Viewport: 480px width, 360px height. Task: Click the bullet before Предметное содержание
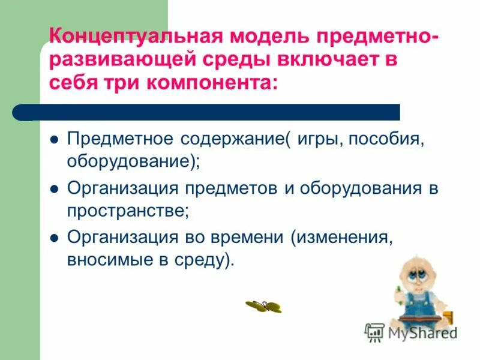click(x=54, y=140)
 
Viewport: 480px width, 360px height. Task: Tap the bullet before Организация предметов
click(x=54, y=189)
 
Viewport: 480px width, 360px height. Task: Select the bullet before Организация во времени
click(x=54, y=238)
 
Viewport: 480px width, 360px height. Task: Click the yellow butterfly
click(x=263, y=306)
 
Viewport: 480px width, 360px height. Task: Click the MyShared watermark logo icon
click(x=374, y=332)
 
